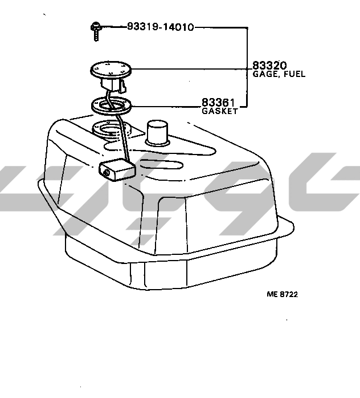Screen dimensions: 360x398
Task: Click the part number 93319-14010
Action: point(161,27)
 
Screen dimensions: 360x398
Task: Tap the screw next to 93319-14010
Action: point(96,31)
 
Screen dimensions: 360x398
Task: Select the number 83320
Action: point(269,66)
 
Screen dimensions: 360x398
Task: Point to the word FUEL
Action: point(294,74)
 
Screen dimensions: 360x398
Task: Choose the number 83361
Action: point(218,103)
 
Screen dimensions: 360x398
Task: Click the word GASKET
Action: point(220,111)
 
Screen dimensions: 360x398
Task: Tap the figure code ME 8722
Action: point(282,294)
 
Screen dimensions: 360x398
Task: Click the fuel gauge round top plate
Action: point(111,68)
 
